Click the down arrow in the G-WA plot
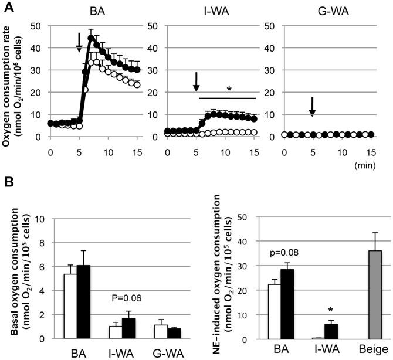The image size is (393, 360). point(312,108)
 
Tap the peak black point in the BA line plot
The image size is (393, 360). point(92,39)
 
